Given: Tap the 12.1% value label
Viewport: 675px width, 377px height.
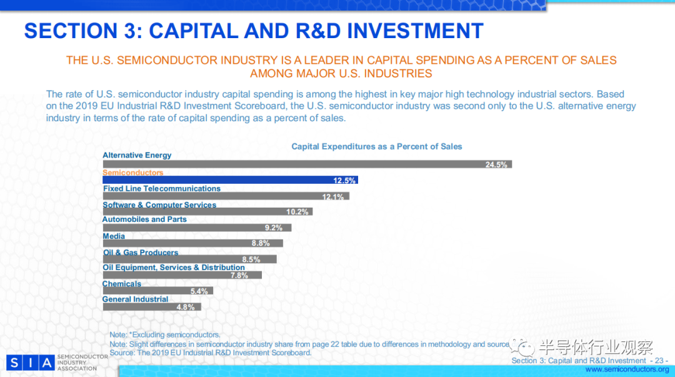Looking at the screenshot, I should pos(333,197).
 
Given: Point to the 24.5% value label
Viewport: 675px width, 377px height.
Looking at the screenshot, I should pos(497,165).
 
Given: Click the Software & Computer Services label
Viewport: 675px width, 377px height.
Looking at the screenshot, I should pos(159,205).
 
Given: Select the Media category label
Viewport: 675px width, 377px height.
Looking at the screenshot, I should pos(114,236).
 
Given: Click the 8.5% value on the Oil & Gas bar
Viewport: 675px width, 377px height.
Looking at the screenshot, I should pos(251,259).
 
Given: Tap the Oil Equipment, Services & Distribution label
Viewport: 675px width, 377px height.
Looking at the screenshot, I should pos(174,268).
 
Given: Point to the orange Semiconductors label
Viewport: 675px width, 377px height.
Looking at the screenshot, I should pos(132,173).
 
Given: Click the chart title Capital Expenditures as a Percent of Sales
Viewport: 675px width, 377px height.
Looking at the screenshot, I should pos(377,146).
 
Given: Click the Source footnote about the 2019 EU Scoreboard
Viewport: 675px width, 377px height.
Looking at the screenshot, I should pos(211,353).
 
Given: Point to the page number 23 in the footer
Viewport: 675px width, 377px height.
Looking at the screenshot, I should pos(659,361).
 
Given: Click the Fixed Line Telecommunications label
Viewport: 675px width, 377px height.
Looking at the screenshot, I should pos(162,189).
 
